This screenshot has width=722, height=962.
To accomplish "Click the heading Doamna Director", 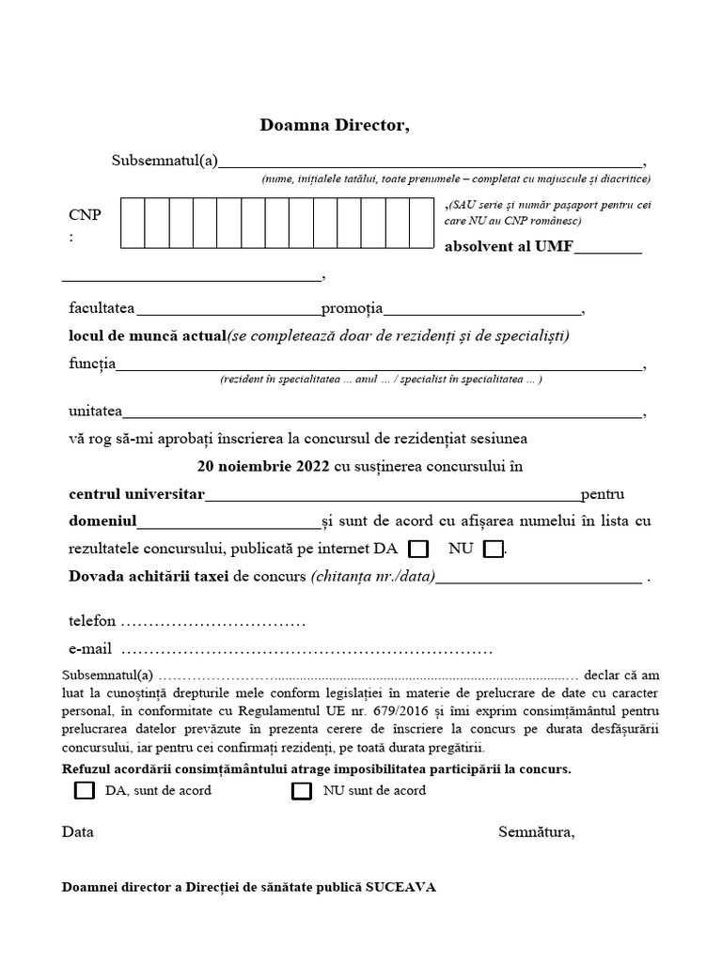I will coord(335,126).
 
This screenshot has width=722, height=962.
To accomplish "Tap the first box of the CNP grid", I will coord(132,223).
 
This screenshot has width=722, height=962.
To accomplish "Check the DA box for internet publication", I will coord(419,549).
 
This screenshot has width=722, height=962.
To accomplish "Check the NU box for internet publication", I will coord(493,549).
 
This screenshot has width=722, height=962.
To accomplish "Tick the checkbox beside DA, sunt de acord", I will coord(85,790).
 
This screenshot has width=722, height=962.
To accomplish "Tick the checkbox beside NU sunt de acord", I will coord(302,790).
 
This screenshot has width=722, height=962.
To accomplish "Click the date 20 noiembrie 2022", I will coord(263,466).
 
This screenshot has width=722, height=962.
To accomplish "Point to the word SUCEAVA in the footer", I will coord(401,887).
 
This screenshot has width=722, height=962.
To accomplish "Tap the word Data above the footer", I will coord(78,831).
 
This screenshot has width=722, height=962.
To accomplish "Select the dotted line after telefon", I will coord(213,622).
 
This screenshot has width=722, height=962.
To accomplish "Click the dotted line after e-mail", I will coord(307,649).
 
